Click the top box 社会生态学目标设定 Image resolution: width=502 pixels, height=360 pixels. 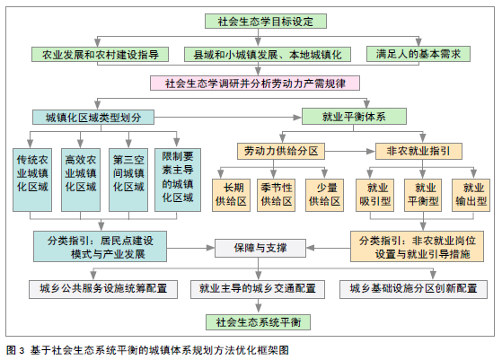(266, 22)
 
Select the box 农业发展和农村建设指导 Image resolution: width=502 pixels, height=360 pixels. (100, 54)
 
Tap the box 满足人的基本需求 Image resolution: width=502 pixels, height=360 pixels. (418, 54)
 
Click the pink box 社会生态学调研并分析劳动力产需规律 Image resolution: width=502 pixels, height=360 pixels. (255, 83)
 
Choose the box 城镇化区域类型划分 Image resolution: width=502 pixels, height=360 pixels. (93, 117)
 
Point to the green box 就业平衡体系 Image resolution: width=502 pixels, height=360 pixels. (354, 117)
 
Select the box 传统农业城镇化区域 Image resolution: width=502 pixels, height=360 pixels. (32, 180)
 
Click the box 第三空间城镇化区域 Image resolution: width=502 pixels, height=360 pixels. (128, 180)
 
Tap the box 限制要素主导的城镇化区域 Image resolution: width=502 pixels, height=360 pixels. (178, 180)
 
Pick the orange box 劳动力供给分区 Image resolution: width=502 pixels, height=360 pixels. (281, 151)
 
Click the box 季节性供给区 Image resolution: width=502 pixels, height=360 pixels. (277, 195)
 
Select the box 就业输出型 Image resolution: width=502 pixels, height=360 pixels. (471, 195)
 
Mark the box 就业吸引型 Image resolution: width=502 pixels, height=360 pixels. (374, 195)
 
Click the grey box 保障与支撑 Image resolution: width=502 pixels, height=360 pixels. (260, 248)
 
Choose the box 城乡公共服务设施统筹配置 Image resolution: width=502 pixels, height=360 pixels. (103, 289)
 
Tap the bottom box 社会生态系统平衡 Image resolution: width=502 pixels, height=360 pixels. (258, 322)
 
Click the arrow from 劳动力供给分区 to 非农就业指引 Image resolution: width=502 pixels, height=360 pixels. (350, 151)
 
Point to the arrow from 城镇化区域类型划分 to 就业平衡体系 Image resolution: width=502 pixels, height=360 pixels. (228, 118)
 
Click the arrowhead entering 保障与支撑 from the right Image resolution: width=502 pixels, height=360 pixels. (311, 248)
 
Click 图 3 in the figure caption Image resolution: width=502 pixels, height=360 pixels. (15, 350)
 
